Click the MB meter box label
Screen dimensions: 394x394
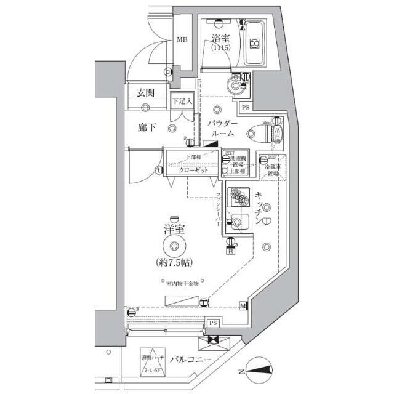pyautogui.click(x=182, y=40)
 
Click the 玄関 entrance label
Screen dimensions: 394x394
pyautogui.click(x=145, y=94)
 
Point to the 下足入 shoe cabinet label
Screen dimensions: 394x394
pyautogui.click(x=182, y=100)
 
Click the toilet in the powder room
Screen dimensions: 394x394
pyautogui.click(x=260, y=130)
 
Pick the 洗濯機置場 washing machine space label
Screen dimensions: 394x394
pyautogui.click(x=236, y=162)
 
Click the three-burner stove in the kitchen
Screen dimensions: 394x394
pyautogui.click(x=236, y=196)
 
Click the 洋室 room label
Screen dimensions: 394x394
pyautogui.click(x=174, y=230)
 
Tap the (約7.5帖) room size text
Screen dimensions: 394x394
pyautogui.click(x=174, y=262)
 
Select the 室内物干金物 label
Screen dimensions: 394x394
pyautogui.click(x=185, y=284)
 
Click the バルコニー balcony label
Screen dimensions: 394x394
pyautogui.click(x=191, y=360)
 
